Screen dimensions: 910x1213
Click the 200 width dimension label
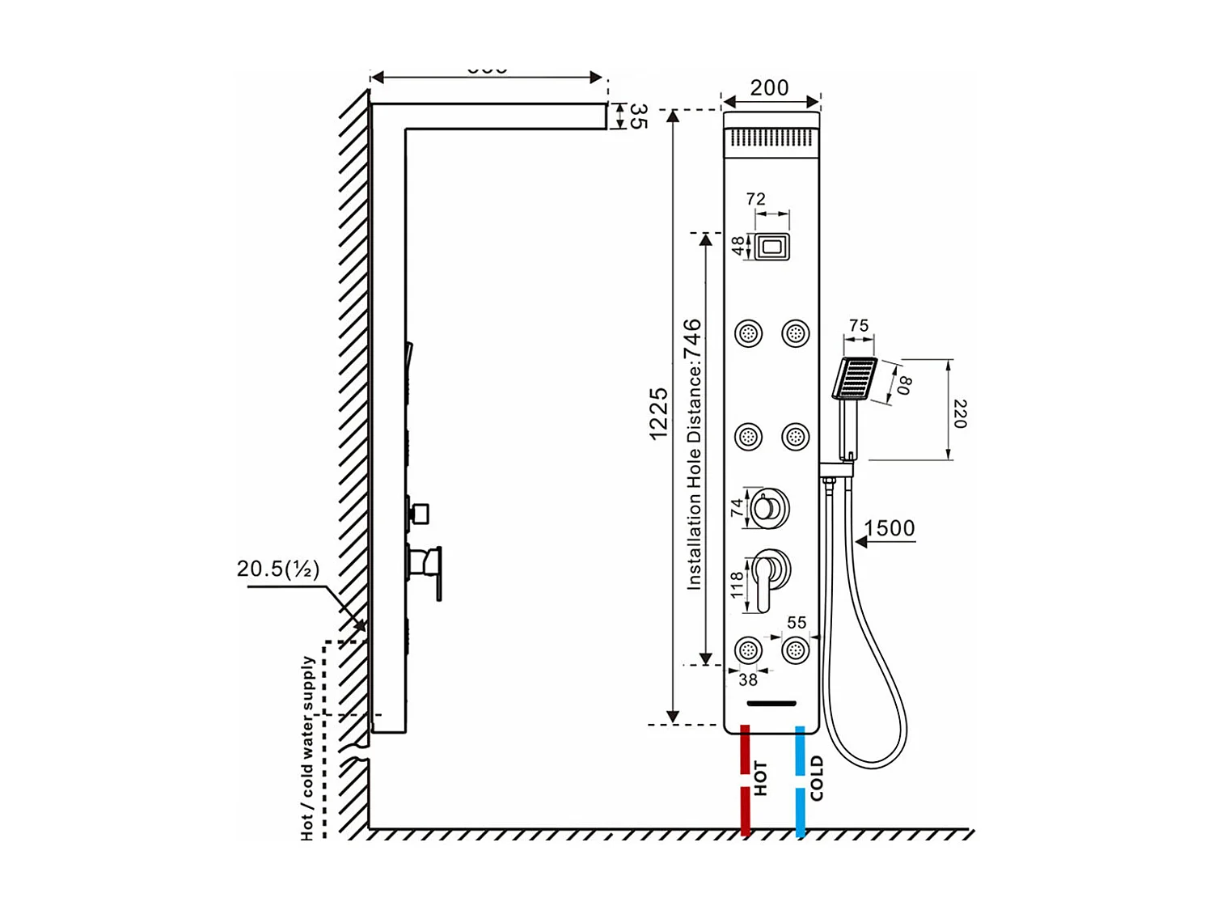click(768, 87)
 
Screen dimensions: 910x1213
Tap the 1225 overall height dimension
click(659, 413)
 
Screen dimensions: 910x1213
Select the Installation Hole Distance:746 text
click(693, 454)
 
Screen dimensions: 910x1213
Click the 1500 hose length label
click(889, 528)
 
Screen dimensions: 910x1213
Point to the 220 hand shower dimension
click(960, 413)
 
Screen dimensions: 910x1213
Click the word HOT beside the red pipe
click(761, 778)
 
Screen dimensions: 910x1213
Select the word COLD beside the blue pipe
click(817, 778)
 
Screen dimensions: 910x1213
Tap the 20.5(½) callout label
click(278, 569)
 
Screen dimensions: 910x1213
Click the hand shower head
click(854, 379)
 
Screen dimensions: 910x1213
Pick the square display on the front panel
click(772, 246)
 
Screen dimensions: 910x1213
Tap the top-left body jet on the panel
click(748, 333)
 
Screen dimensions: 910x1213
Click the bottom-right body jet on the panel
click(796, 650)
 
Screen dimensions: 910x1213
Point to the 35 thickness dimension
click(638, 116)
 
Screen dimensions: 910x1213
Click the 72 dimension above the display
click(755, 199)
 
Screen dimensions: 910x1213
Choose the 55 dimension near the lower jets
click(797, 622)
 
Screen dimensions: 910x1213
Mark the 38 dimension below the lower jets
click(748, 680)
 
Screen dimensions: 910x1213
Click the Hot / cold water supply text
click(308, 747)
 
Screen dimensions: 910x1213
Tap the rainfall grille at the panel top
click(771, 138)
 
